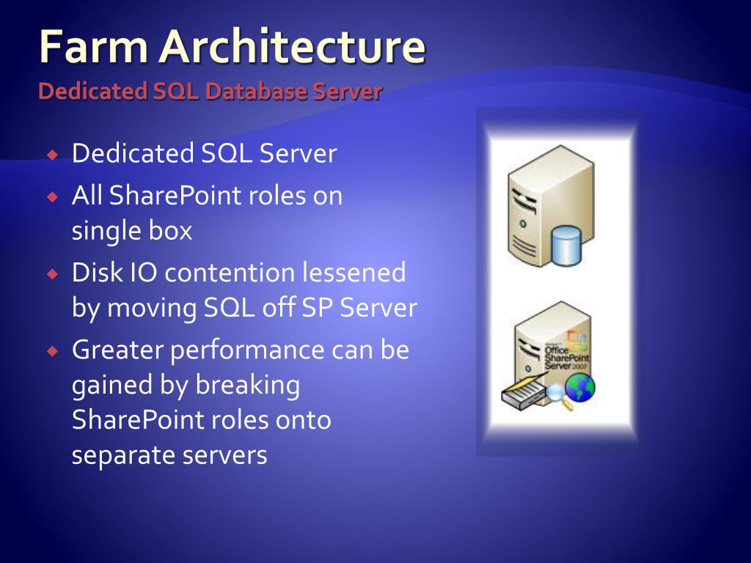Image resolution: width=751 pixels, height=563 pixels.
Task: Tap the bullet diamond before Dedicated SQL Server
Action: click(x=52, y=155)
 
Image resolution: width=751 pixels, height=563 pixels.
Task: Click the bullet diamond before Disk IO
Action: click(x=52, y=274)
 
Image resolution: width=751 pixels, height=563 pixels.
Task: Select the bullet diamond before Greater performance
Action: click(x=52, y=351)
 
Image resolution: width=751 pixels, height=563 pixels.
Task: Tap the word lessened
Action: click(x=354, y=273)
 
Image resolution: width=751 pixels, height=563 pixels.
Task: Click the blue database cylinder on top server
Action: click(x=565, y=246)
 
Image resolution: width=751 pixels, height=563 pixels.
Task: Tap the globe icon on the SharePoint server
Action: click(x=579, y=387)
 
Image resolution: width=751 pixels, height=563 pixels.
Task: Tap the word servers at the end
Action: click(x=231, y=455)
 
